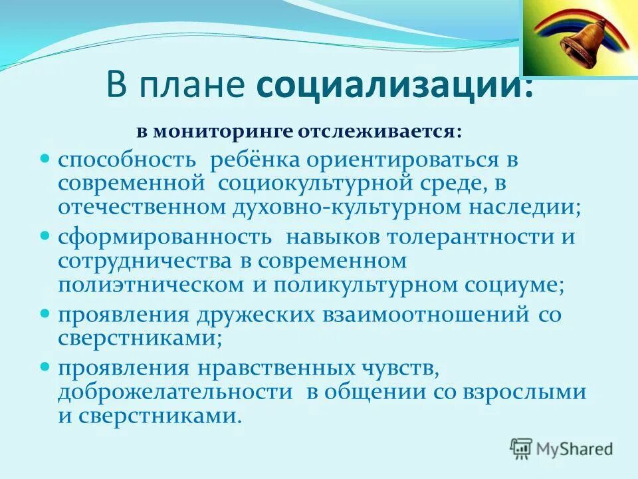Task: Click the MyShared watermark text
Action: point(576,448)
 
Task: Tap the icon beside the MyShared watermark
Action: point(522,448)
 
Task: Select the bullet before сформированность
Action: point(46,236)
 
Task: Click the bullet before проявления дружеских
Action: point(46,313)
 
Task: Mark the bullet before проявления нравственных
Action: point(46,366)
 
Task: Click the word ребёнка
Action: point(256,161)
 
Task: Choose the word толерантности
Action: point(461,238)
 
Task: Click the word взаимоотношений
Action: point(425,314)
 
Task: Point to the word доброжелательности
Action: point(175,391)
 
